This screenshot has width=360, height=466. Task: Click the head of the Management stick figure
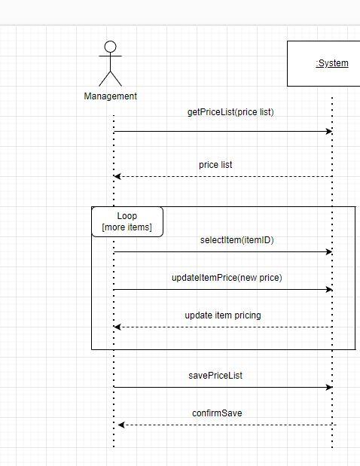tap(111, 47)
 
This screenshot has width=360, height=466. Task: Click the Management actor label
tap(111, 96)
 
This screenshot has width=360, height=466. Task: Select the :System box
tap(324, 63)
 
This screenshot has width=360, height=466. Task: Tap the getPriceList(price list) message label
tap(230, 112)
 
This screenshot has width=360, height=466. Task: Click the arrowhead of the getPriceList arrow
tap(329, 132)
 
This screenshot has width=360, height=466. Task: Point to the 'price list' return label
tap(221, 165)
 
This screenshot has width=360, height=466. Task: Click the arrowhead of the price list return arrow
tap(117, 177)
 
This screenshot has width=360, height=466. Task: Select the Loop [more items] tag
tap(127, 222)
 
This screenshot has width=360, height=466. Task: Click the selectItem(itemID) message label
tap(236, 240)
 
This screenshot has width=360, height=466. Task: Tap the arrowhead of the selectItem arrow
tap(329, 252)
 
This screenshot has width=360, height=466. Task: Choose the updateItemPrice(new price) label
tap(227, 278)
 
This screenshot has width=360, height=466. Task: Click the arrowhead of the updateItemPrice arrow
tap(329, 290)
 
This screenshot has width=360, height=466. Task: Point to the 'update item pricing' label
tap(223, 315)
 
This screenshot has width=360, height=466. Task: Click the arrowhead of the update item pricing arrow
tap(117, 327)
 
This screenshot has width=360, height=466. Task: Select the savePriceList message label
tap(215, 376)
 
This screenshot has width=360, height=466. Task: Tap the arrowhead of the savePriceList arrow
tap(329, 388)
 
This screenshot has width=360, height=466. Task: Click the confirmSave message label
tap(217, 413)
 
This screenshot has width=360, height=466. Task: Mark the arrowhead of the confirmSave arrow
tap(121, 425)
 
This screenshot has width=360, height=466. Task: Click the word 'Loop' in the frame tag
tap(127, 216)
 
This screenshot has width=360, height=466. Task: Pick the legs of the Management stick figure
tap(111, 78)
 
